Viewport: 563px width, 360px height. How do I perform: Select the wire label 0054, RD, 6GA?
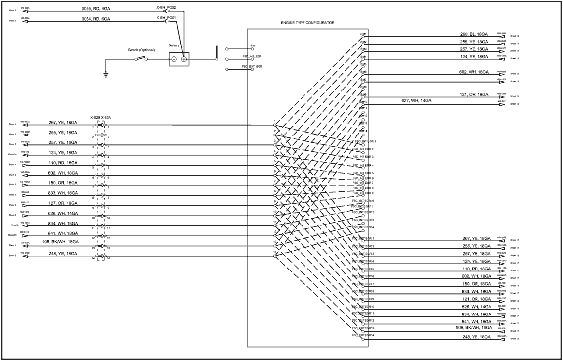[x=96, y=19]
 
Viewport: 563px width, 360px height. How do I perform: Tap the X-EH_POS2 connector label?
[x=166, y=6]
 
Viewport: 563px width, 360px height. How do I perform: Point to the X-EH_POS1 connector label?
[x=166, y=17]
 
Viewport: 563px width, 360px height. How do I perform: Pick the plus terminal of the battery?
[x=184, y=59]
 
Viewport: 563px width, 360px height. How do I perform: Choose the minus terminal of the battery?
[x=173, y=59]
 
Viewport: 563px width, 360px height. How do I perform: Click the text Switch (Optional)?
[x=141, y=50]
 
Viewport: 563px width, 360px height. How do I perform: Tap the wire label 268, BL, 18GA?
[x=474, y=35]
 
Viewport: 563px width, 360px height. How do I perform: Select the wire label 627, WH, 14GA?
[x=417, y=101]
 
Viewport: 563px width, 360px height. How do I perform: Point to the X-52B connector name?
[x=95, y=118]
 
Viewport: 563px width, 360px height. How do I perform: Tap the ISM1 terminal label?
[x=363, y=34]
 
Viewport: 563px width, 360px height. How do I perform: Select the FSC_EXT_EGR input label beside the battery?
[x=248, y=66]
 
